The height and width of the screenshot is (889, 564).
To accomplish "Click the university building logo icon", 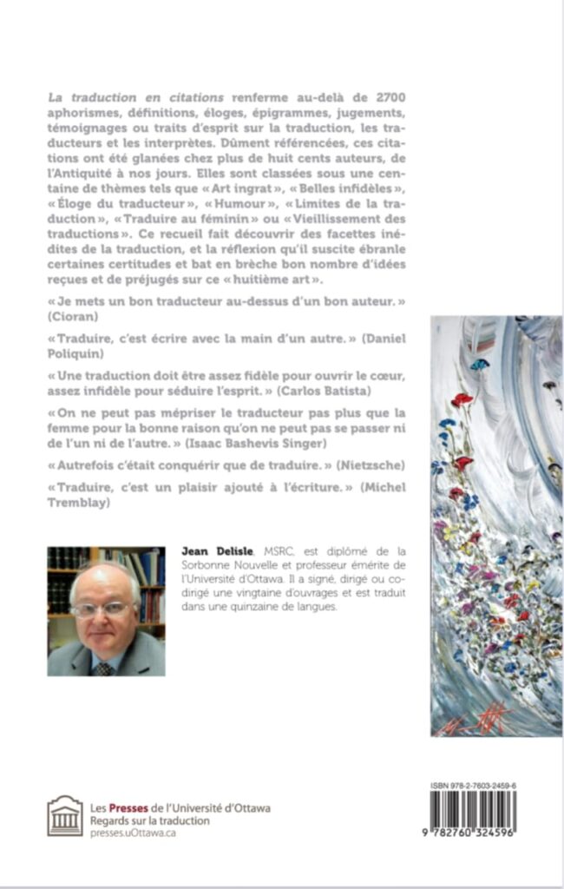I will pyautogui.click(x=65, y=816).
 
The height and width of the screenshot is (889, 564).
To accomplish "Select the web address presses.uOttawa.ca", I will pyautogui.click(x=134, y=832).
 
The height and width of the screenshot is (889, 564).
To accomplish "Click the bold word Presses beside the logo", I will pyautogui.click(x=124, y=807).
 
